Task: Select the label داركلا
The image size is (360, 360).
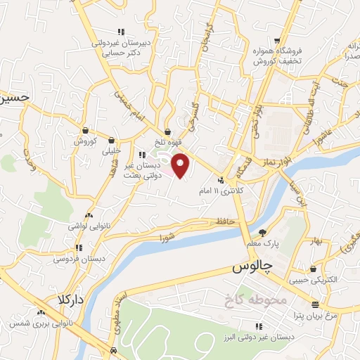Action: [x=70, y=300]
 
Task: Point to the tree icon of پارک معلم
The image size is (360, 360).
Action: [x=263, y=233]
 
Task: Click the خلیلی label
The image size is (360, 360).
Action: [x=112, y=150]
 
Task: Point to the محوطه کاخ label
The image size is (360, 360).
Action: [x=248, y=300]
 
